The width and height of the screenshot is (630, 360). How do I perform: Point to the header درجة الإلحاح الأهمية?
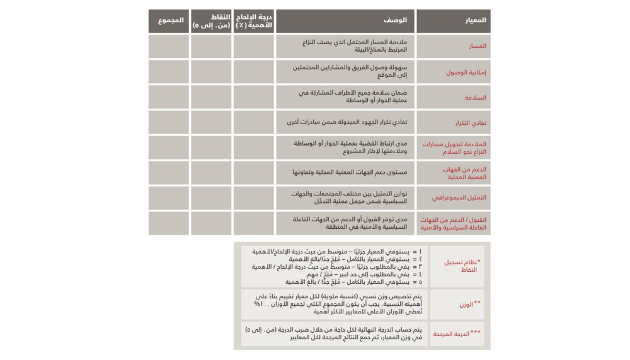pos(253,21)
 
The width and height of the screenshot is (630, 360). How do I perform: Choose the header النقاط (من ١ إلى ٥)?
pos(211,21)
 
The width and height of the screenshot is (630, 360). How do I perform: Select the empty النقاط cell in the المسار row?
pos(211,46)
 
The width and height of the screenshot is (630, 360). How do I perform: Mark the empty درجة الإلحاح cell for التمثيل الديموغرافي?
pos(253,197)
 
